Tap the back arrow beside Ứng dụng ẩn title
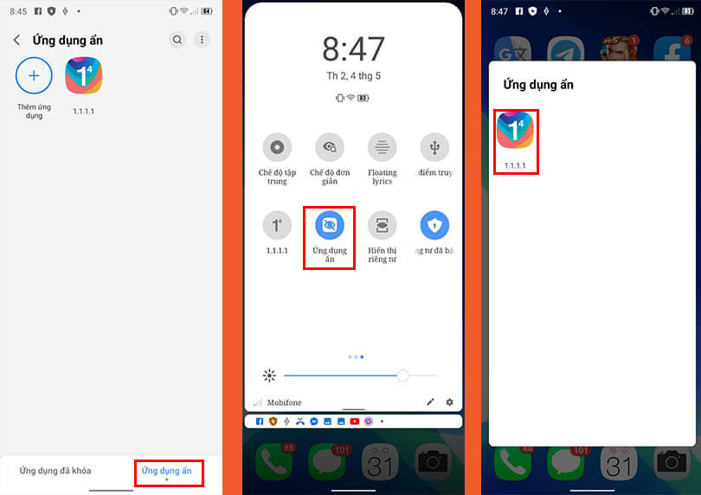click(16, 40)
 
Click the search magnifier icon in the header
click(177, 40)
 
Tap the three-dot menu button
click(202, 40)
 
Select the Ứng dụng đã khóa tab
click(55, 471)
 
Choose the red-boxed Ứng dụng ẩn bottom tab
click(167, 471)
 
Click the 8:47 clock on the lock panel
click(354, 49)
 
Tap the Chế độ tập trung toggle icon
click(277, 147)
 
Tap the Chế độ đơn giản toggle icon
click(330, 147)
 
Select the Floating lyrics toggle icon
click(382, 147)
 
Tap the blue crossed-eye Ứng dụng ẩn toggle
click(330, 226)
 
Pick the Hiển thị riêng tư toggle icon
click(382, 226)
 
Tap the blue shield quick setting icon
click(434, 226)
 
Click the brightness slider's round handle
click(402, 376)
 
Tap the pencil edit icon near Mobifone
click(431, 402)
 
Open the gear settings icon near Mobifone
click(449, 402)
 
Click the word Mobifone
click(285, 402)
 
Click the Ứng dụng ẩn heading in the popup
click(538, 85)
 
